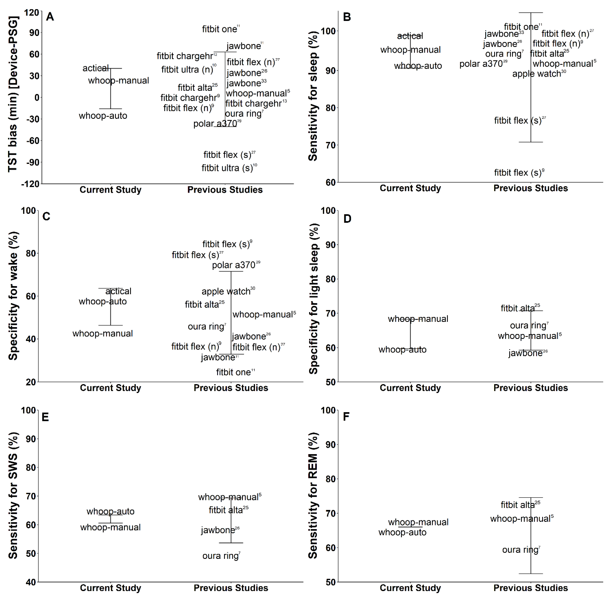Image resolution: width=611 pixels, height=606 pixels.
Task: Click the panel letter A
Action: click(50, 17)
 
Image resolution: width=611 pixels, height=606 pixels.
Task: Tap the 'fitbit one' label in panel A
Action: click(220, 29)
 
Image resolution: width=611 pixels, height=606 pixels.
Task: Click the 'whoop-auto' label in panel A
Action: click(103, 116)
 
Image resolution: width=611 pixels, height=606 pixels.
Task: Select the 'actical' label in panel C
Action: click(118, 291)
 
